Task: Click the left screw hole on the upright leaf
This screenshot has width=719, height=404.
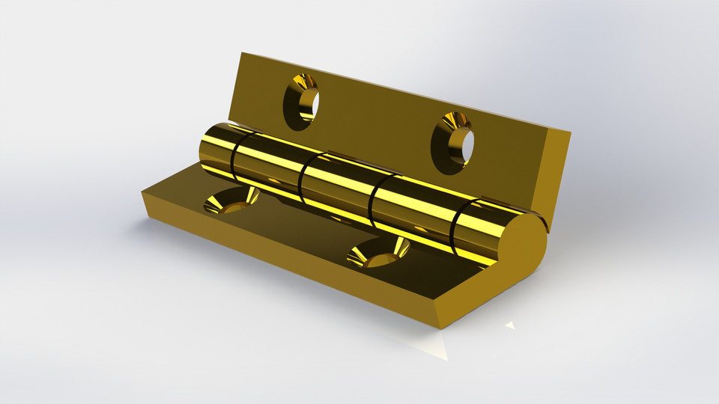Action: click(301, 100)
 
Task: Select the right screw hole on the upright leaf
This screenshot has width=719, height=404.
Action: click(456, 139)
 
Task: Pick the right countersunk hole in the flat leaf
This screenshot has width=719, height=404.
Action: click(377, 252)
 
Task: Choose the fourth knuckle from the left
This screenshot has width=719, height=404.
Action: click(412, 209)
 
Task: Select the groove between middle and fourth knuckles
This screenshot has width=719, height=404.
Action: click(374, 199)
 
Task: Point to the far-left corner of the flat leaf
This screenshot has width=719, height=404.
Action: click(142, 193)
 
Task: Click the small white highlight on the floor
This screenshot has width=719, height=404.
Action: click(509, 325)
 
